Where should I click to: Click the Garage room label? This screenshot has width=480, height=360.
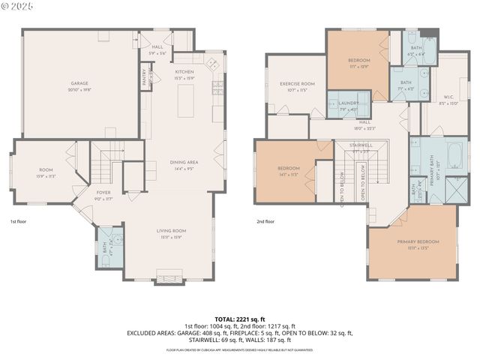tap(80, 83)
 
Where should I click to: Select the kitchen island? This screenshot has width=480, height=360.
tap(185, 100)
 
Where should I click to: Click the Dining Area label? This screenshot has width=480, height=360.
tap(183, 163)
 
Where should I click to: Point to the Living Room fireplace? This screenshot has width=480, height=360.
tap(168, 276)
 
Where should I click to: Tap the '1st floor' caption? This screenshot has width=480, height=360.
tap(19, 222)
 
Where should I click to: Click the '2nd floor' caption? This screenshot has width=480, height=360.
tap(265, 222)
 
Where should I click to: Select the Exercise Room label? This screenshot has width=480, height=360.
tap(297, 85)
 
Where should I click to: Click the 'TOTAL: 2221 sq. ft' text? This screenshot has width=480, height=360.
tap(239, 318)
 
